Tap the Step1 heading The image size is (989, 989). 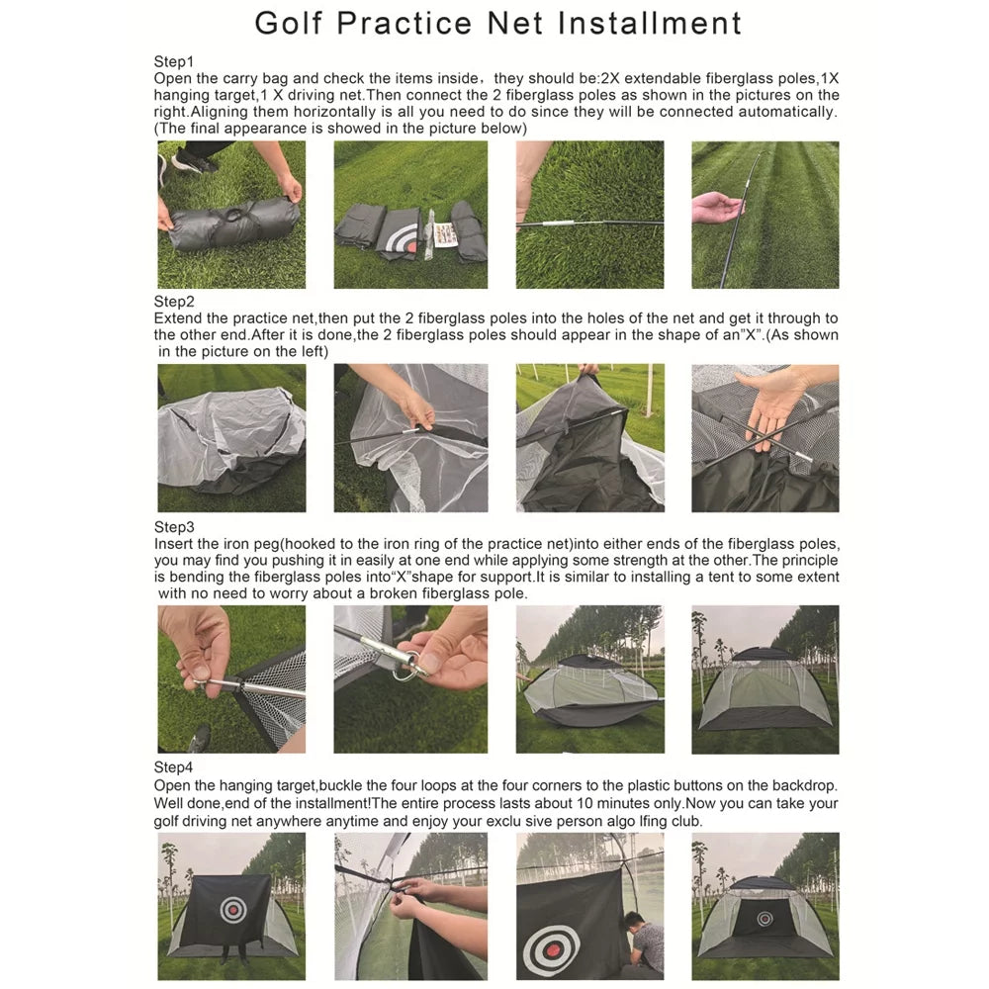tap(174, 61)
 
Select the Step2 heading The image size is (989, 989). tap(174, 302)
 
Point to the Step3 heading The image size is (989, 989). tap(174, 527)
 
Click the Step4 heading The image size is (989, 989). tap(174, 767)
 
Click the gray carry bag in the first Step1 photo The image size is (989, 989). tap(232, 225)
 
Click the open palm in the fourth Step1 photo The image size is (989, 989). tap(717, 207)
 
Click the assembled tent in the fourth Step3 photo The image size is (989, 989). tap(764, 692)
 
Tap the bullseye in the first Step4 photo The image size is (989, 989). tap(232, 908)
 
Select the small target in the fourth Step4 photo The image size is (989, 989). tap(764, 918)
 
